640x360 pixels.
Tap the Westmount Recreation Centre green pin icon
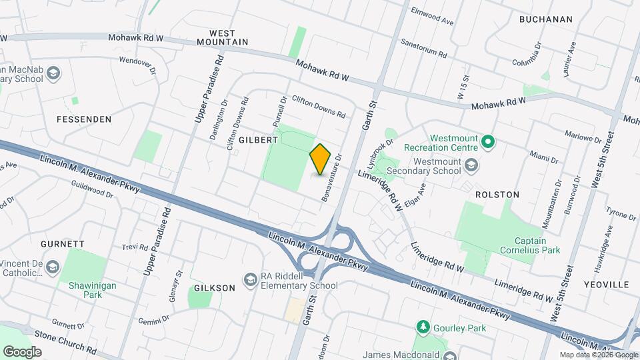click(488, 141)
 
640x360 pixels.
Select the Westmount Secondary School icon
click(471, 165)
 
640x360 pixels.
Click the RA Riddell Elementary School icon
click(251, 279)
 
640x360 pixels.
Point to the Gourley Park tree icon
click(422, 327)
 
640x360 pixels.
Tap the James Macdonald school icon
click(450, 355)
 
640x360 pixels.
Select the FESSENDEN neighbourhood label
click(84, 119)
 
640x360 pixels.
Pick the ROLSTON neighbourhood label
click(497, 195)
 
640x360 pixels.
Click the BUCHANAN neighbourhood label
click(546, 19)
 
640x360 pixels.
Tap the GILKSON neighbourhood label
click(214, 288)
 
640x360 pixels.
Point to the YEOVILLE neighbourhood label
click(606, 285)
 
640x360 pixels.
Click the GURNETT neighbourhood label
click(62, 244)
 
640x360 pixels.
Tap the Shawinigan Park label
click(85, 289)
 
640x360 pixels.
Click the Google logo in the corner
click(22, 351)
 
